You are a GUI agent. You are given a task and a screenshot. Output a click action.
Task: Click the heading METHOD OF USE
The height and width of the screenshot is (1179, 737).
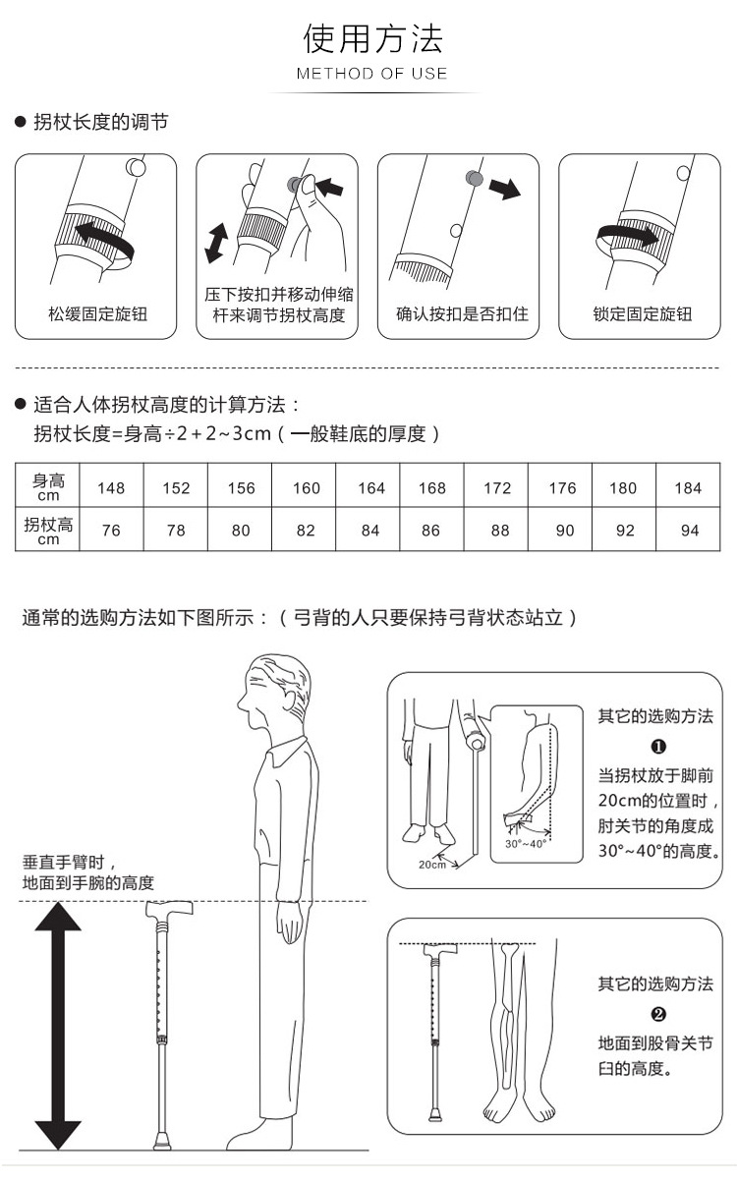[x=371, y=73]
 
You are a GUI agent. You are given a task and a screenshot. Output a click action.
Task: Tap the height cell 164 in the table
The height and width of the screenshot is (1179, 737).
[x=371, y=488]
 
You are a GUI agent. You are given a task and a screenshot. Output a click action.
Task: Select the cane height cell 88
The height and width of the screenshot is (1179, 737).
[x=499, y=530]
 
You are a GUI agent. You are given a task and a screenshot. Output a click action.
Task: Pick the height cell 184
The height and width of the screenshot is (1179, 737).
[x=688, y=488]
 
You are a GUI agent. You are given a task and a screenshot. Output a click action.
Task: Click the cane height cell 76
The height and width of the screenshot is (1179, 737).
[x=111, y=530]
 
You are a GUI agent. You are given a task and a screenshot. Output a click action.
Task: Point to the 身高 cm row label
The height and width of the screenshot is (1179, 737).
[x=48, y=487]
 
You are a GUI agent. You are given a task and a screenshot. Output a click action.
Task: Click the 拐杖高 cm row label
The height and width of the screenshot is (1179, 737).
[x=48, y=531]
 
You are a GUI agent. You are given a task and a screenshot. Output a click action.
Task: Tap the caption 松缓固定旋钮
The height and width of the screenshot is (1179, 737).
[x=97, y=314]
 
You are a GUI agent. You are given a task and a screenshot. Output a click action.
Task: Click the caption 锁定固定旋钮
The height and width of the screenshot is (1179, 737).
[x=643, y=314]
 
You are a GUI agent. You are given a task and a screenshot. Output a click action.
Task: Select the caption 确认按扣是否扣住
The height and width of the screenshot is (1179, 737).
[x=462, y=314]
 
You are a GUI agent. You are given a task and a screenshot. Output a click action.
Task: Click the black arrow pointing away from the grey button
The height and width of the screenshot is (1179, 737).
[x=505, y=189]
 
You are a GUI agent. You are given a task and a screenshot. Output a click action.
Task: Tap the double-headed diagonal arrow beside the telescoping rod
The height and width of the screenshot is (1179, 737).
[x=216, y=243]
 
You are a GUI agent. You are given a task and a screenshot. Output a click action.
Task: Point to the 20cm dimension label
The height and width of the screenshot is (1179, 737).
[x=431, y=865]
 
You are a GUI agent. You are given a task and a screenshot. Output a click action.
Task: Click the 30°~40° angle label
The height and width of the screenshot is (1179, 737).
[x=525, y=844]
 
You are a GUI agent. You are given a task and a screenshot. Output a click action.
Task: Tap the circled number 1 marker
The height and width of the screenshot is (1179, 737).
[x=658, y=747]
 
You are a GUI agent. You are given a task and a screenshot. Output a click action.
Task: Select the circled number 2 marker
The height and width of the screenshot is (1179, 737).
[x=658, y=1014]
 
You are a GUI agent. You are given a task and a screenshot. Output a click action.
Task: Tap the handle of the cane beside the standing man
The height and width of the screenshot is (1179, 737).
[x=169, y=909]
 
